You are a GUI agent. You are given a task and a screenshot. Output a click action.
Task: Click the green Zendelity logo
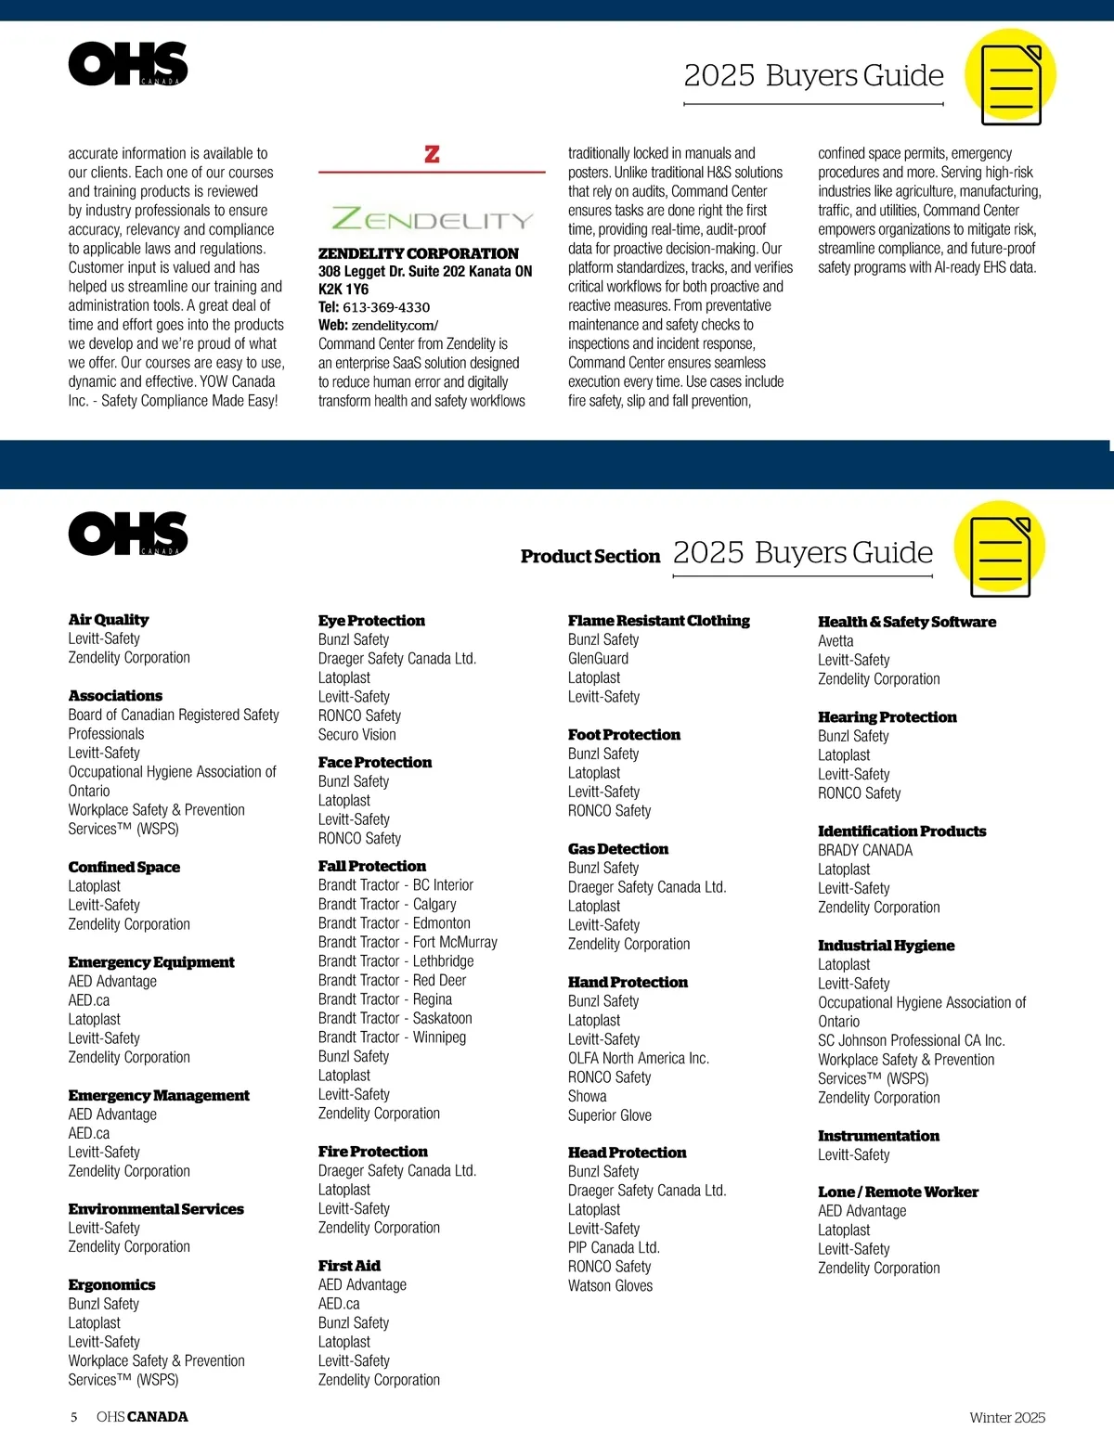point(432,220)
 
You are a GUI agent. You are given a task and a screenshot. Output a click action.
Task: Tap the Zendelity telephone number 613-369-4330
point(386,307)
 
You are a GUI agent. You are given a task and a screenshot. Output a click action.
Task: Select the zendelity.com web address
point(395,326)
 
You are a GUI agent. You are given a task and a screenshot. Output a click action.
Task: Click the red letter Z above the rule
point(432,154)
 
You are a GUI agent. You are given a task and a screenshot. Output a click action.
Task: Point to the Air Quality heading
point(108,620)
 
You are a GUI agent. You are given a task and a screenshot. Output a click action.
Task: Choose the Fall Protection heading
point(371,866)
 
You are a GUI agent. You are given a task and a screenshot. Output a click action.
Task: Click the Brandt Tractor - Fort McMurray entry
point(408,942)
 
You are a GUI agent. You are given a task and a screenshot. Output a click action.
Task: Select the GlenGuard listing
point(598,659)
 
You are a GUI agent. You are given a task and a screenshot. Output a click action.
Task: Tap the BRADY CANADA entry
point(864,850)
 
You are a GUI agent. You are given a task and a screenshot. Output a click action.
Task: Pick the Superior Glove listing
point(609,1115)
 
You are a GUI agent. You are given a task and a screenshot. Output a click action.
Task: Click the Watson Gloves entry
point(610,1286)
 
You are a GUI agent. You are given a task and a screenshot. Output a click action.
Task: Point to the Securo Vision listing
point(356,735)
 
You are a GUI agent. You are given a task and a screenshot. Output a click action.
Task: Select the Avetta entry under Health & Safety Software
point(835,641)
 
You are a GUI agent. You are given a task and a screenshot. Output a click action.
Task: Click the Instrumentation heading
point(878,1136)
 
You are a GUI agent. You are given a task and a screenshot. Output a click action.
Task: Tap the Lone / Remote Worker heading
point(898,1192)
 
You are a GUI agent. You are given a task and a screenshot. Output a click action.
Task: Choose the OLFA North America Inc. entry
point(638,1059)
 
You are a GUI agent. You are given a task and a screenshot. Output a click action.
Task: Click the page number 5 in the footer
point(74,1417)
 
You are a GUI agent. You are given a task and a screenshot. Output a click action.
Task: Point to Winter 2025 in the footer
point(1006,1418)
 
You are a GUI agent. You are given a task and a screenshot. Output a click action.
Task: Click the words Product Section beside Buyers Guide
point(589,557)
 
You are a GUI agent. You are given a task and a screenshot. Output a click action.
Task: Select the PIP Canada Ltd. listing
point(614,1248)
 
